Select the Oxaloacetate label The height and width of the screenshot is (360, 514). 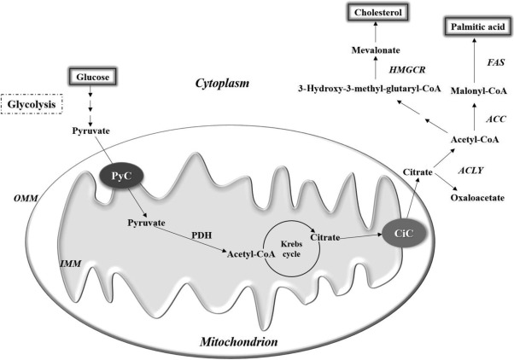[478, 198]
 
